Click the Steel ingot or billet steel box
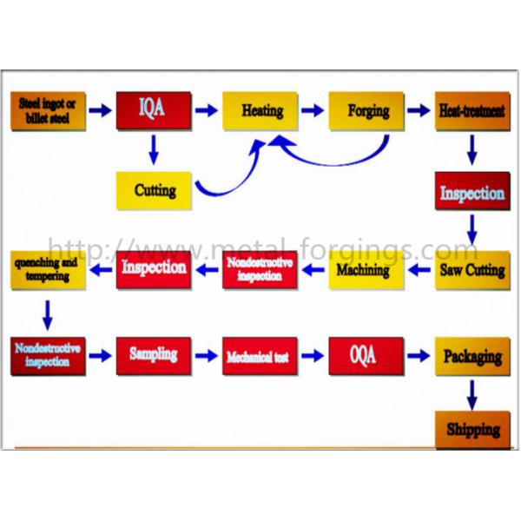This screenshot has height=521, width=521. click(x=49, y=110)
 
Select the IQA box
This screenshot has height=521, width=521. click(x=154, y=110)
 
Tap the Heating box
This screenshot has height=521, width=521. click(x=260, y=111)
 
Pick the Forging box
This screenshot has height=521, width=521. click(x=366, y=111)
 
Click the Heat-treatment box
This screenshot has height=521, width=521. click(x=472, y=111)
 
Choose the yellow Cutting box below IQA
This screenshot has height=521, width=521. click(x=155, y=190)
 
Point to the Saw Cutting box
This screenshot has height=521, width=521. click(x=472, y=271)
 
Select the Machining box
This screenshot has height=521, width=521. click(x=366, y=271)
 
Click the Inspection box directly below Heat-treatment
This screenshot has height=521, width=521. click(x=472, y=192)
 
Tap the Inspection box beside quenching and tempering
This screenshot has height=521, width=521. click(x=154, y=268)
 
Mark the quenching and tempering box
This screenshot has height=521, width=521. click(x=49, y=270)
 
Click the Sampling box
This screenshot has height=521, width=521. click(x=154, y=355)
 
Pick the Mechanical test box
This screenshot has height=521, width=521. click(x=260, y=356)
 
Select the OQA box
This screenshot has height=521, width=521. click(x=366, y=356)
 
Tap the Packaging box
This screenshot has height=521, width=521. click(x=472, y=356)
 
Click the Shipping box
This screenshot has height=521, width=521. click(x=472, y=430)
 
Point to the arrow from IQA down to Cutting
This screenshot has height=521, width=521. click(x=154, y=149)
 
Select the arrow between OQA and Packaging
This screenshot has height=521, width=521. click(x=419, y=356)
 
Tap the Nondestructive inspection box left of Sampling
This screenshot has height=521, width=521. click(x=49, y=356)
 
